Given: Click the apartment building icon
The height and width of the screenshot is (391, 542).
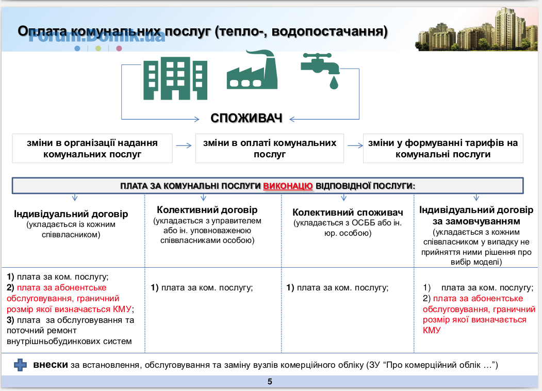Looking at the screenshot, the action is (175, 78).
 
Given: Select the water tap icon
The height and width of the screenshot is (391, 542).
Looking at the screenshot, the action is (320, 71).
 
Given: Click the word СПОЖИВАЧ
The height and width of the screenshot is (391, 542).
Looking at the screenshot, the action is (247, 118).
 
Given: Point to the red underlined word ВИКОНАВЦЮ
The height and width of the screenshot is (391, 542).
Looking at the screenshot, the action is (288, 186).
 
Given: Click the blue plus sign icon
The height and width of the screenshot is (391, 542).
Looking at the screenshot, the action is (21, 365).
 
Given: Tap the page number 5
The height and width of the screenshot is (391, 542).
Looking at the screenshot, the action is (270, 382).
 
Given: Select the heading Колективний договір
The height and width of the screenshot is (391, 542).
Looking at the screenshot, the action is (207, 210).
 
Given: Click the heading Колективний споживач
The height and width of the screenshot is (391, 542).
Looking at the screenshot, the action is (348, 212).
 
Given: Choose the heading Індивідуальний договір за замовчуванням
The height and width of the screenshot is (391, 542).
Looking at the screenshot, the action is (477, 216).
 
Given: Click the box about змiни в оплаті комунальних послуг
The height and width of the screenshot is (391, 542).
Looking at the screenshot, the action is (270, 149).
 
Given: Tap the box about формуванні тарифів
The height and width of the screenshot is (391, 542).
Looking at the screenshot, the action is (443, 149).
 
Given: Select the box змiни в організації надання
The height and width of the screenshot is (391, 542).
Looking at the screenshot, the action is (92, 149).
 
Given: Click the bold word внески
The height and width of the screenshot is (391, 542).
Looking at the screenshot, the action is (51, 365).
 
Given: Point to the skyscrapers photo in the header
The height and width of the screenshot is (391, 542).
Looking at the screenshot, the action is (477, 30).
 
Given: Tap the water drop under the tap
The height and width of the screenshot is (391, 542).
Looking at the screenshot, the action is (334, 83).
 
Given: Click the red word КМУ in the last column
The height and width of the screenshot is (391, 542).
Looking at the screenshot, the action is (432, 330).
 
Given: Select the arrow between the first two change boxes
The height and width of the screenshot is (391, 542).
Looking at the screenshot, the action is (184, 145).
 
